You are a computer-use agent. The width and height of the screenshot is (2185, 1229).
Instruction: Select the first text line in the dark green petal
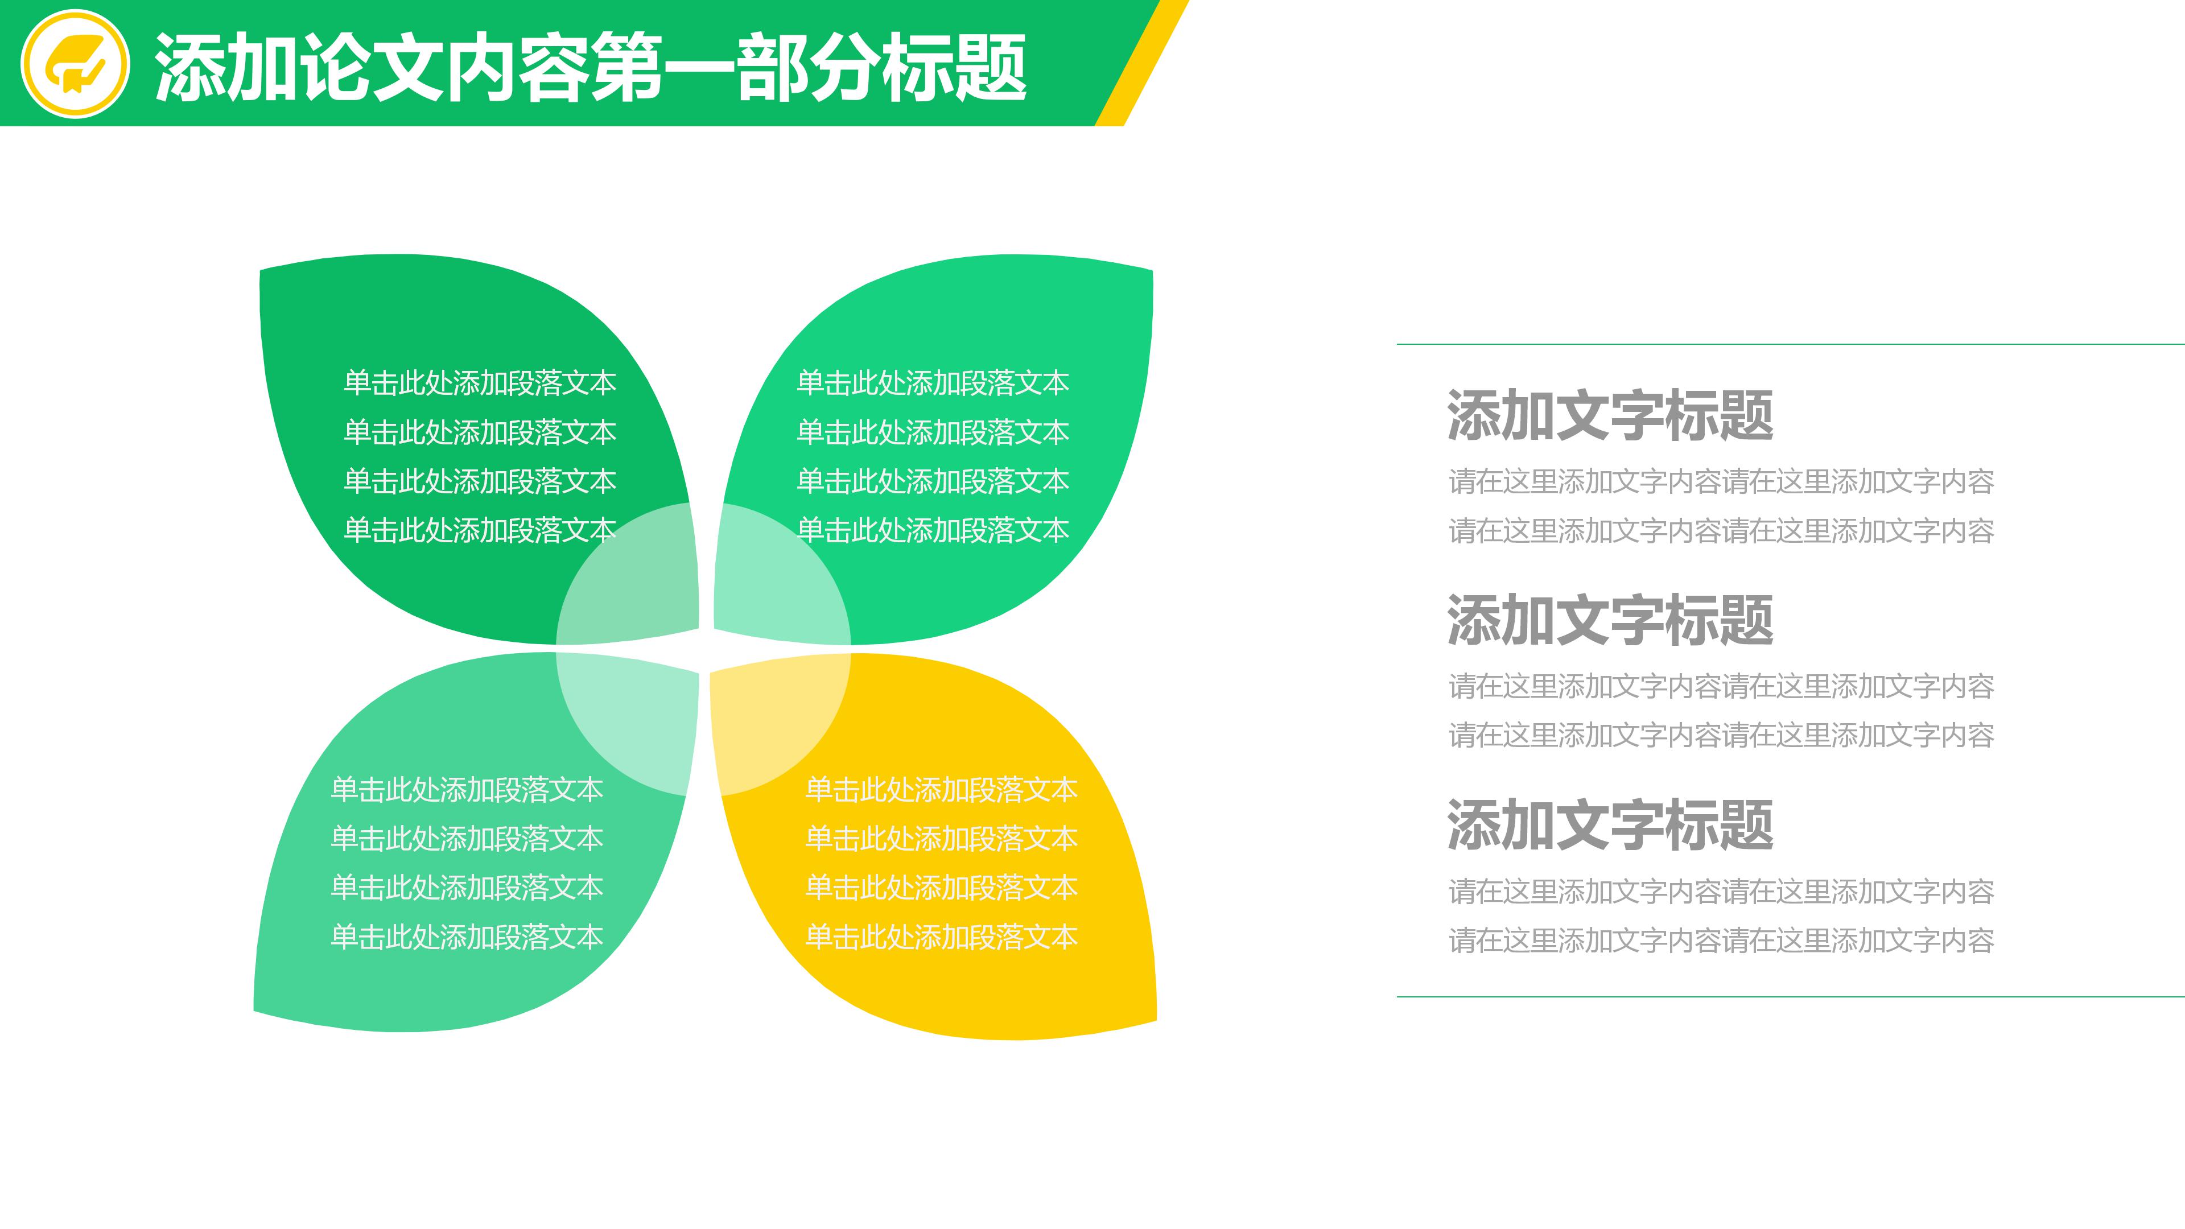(479, 383)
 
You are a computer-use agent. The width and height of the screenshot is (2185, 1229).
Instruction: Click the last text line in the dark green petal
(479, 531)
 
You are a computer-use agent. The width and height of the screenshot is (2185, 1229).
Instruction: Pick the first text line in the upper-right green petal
(932, 383)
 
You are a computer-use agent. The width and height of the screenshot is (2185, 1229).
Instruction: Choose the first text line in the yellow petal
(941, 790)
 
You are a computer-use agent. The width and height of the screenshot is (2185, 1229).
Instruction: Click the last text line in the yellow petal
(941, 937)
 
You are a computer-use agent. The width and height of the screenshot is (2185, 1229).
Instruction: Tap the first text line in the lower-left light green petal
(467, 790)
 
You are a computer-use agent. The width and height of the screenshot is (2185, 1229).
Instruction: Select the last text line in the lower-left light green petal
(467, 937)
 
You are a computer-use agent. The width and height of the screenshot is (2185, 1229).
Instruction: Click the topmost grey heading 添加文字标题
(1610, 415)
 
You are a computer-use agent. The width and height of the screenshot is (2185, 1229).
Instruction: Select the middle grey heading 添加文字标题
(1610, 620)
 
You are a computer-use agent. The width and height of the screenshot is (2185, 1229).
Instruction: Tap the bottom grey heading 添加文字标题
(1610, 824)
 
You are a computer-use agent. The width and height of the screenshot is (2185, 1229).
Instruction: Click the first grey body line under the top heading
(1721, 482)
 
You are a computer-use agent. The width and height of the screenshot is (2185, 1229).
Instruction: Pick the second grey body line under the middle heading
(1721, 735)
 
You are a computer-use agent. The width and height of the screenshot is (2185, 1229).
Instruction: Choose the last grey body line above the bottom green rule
(1721, 941)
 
